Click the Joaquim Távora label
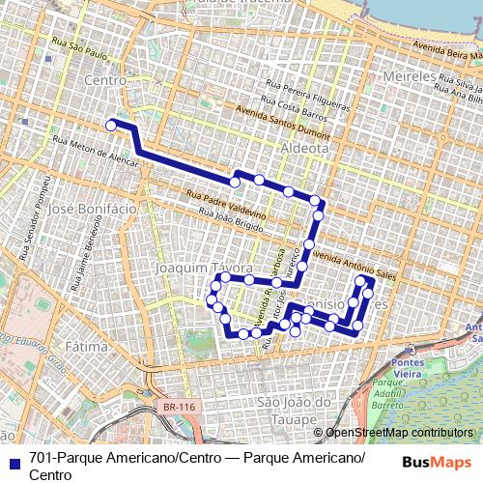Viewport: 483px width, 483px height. point(205,266)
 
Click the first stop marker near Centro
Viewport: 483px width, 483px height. point(111,125)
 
